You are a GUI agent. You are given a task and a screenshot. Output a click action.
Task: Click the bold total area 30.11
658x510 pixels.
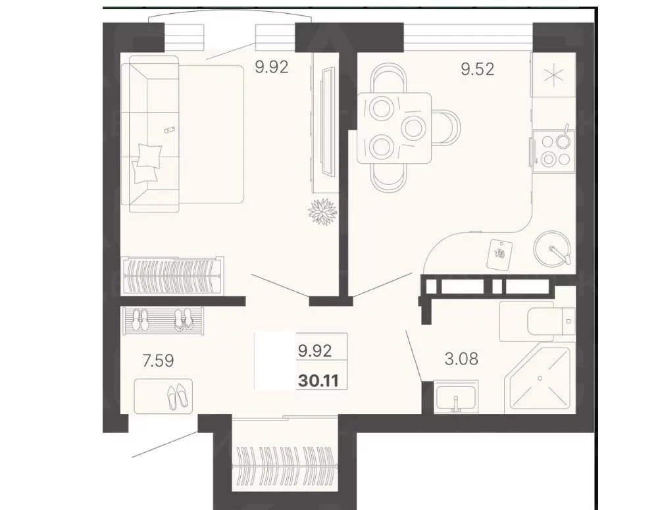tap(318, 381)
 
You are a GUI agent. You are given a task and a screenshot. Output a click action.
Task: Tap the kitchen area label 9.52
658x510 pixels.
tap(478, 69)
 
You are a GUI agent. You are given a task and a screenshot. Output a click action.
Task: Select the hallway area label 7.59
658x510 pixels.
tap(158, 361)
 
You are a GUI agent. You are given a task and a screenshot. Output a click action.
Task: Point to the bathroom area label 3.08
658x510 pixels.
tap(461, 359)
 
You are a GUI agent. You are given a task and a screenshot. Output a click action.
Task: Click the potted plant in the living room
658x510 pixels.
tap(322, 211)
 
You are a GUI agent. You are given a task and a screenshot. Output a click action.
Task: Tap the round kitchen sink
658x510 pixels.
tap(552, 249)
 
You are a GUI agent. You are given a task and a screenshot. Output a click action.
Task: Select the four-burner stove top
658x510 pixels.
tap(554, 150)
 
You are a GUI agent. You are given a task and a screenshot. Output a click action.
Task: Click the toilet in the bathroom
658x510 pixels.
tap(537, 322)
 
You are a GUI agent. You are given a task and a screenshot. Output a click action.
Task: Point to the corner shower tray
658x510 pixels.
tap(540, 378)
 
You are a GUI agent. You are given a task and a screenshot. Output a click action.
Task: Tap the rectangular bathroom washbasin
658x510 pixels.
tap(456, 397)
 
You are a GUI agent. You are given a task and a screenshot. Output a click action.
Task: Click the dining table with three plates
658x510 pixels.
tap(394, 128)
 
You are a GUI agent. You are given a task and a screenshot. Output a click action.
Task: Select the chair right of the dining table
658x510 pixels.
tap(446, 127)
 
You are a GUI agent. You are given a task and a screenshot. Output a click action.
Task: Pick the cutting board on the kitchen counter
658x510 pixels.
tap(499, 253)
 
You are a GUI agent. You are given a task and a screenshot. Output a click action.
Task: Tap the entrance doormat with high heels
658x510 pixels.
tap(164, 396)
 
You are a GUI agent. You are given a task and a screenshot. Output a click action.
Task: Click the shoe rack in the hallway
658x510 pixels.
tap(163, 320)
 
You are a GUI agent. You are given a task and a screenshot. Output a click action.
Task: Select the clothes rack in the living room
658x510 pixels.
tap(172, 276)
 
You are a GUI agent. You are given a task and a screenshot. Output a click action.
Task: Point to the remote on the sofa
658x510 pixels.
tap(170, 130)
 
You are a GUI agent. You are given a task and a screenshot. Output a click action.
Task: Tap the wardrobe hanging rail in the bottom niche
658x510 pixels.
tap(285, 465)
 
